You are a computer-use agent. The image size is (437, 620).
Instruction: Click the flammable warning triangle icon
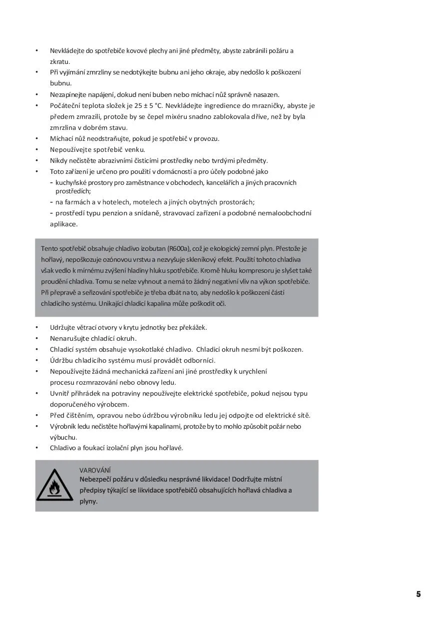pyautogui.click(x=54, y=485)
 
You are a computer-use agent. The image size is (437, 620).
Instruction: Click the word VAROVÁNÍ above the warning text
pyautogui.click(x=95, y=470)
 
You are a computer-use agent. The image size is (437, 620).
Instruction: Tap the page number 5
pyautogui.click(x=419, y=594)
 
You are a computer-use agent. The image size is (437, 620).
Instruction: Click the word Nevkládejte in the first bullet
pyautogui.click(x=67, y=50)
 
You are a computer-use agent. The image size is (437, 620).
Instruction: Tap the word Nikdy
pyautogui.click(x=58, y=160)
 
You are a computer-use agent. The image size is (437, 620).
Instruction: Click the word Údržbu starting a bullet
pyautogui.click(x=62, y=360)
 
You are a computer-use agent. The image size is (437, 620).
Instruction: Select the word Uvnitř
pyautogui.click(x=60, y=393)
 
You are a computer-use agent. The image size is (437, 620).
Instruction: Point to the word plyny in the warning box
pyautogui.click(x=88, y=501)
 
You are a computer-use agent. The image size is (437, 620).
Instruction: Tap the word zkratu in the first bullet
pyautogui.click(x=60, y=61)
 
